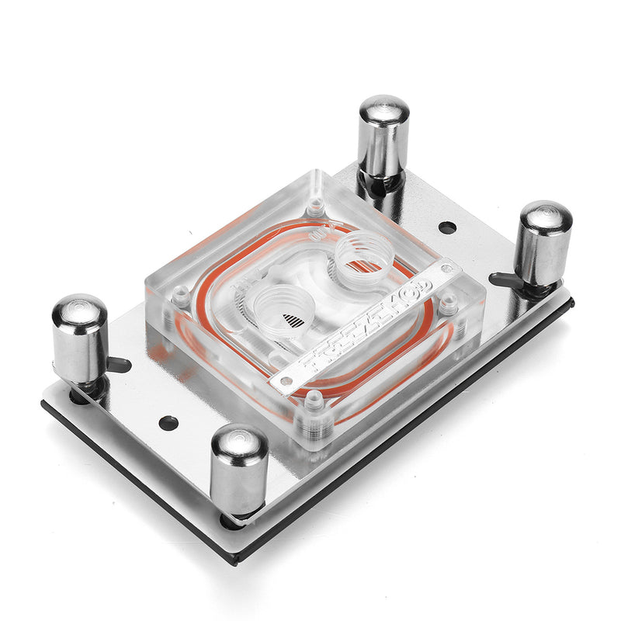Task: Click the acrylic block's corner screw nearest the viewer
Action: (314, 404)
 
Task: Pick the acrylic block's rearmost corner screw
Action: (314, 206)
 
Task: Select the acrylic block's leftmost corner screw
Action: (180, 296)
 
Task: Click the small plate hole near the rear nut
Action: (447, 227)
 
